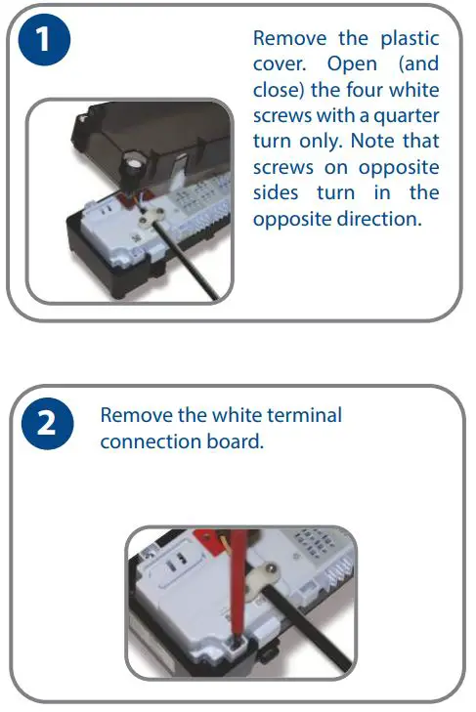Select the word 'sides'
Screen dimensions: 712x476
click(x=278, y=192)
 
